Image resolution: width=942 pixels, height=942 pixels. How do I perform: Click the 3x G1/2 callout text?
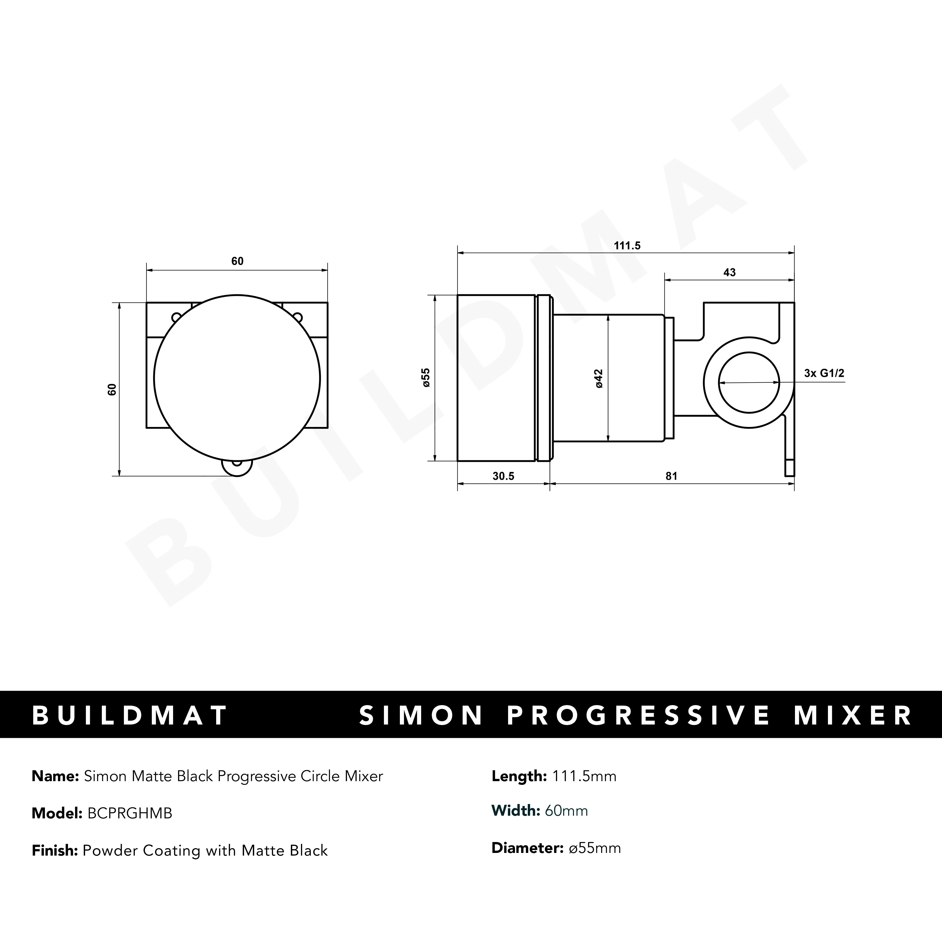[x=824, y=374]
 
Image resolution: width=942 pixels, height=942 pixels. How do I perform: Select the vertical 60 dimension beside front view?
[x=112, y=389]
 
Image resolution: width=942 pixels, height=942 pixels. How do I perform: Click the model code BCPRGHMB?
[x=130, y=813]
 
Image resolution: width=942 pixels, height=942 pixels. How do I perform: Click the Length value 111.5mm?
[x=584, y=776]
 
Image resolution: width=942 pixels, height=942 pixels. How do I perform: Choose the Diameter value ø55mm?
[x=595, y=848]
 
